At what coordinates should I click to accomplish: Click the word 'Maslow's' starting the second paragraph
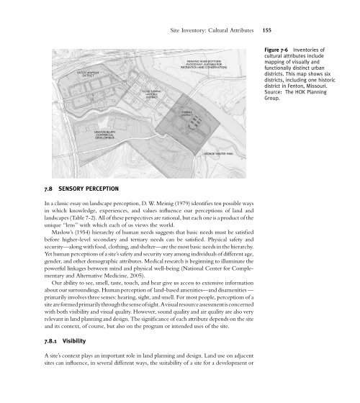pos(55,240)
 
